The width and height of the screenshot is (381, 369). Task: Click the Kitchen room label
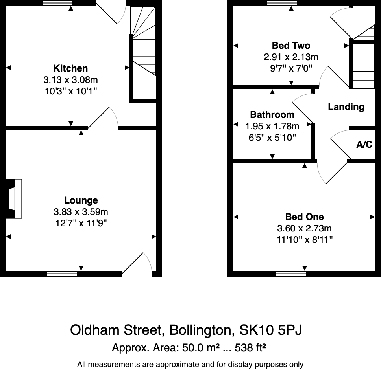point(70,68)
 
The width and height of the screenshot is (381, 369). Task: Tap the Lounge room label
point(81,200)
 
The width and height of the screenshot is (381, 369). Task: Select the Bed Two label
point(291,46)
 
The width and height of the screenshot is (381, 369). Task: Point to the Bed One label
point(304,217)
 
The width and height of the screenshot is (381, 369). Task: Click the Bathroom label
point(272,115)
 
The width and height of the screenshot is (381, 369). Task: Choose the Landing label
point(346,107)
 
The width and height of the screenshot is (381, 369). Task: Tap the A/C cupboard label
point(364,145)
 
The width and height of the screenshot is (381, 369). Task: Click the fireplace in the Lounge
point(15,198)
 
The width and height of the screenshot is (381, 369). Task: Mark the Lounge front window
point(62,274)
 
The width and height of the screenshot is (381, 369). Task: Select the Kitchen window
point(57,3)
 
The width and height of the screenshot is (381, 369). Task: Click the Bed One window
point(291,274)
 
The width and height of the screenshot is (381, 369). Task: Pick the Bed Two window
point(281,3)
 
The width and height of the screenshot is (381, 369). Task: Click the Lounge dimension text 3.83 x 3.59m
point(81,212)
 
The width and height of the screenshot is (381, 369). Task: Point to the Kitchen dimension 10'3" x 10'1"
point(70,91)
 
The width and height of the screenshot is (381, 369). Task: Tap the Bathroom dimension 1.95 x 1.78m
point(272,126)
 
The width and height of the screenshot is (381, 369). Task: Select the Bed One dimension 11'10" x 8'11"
point(304,240)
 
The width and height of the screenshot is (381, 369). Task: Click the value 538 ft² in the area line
point(251,348)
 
